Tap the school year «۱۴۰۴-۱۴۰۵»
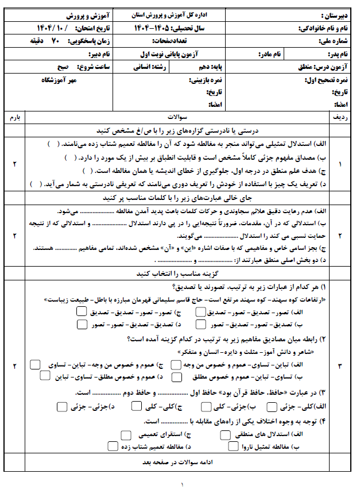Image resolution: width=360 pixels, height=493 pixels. (155, 28)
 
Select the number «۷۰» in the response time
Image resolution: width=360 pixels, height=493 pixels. (55, 41)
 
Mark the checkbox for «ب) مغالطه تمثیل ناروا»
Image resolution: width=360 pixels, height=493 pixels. (233, 446)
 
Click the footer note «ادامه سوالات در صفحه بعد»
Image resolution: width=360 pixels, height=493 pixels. (179, 461)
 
